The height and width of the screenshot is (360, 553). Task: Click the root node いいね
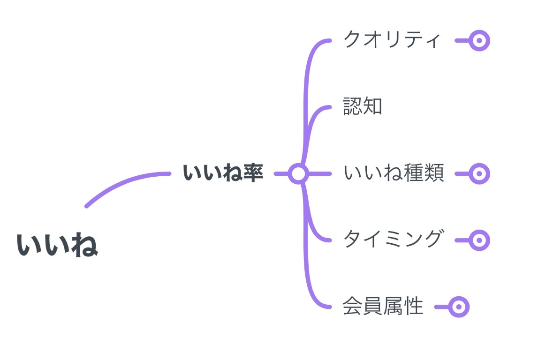pos(57,246)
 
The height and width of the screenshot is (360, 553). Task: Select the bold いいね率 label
pos(223,173)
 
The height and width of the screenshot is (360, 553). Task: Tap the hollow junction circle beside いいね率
pos(298,173)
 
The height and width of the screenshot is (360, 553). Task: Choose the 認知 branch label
pos(363,107)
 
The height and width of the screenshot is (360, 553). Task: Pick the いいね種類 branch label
pos(394,174)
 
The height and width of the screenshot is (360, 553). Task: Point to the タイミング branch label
pos(393,240)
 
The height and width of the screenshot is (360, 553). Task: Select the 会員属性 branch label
pos(383,307)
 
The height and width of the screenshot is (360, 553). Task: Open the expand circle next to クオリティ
pos(479,41)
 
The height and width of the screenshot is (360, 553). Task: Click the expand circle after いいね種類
pos(479,174)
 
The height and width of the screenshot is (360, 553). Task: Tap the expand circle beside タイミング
pos(479,240)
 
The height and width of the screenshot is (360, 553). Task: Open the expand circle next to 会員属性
pos(459,307)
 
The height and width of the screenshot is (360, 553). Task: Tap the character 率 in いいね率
pos(254,173)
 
